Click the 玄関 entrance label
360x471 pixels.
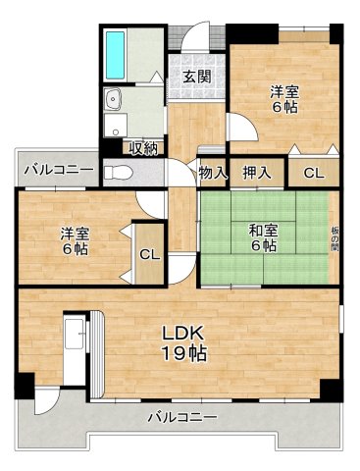pos(196,78)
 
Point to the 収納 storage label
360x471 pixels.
pos(142,148)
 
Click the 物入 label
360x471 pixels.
pos(212,173)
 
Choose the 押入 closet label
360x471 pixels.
pos(256,173)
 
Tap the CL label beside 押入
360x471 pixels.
pos(313,173)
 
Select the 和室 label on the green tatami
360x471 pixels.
pos(261,230)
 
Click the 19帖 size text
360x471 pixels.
pos(184,353)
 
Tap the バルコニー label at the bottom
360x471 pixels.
pos(183,417)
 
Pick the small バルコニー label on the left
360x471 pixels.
pos(59,168)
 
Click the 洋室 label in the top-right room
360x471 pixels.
pos(285,92)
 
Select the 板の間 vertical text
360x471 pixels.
pos(334,237)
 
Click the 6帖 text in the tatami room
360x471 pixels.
pos(261,246)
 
